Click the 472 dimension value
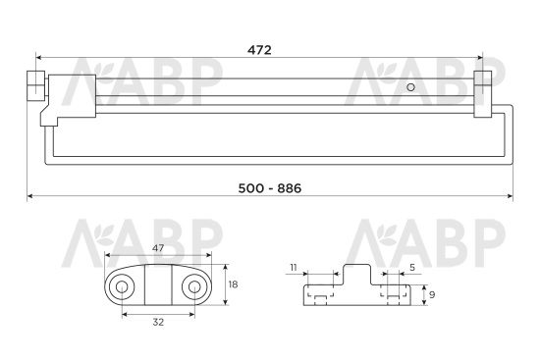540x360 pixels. [259, 50]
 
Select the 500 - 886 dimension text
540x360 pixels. [270, 188]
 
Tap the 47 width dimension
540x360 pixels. [158, 248]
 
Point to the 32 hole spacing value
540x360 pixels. [158, 322]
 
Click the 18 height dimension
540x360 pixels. [233, 284]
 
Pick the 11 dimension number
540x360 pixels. [294, 268]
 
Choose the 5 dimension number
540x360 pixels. [412, 268]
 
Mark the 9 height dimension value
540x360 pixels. [432, 294]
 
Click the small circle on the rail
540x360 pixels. [410, 87]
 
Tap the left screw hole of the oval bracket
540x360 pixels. [121, 286]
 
